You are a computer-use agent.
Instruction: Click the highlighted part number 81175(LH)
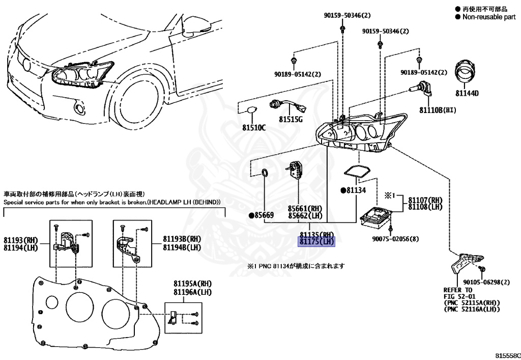[x=316, y=242]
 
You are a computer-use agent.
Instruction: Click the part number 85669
[x=264, y=215]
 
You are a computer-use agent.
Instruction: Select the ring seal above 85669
[x=265, y=174]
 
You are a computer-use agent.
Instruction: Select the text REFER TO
[x=457, y=290]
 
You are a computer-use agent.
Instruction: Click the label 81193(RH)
[x=21, y=240]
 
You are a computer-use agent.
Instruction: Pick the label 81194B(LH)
[x=182, y=247]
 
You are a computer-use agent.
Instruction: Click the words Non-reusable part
[x=488, y=17]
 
